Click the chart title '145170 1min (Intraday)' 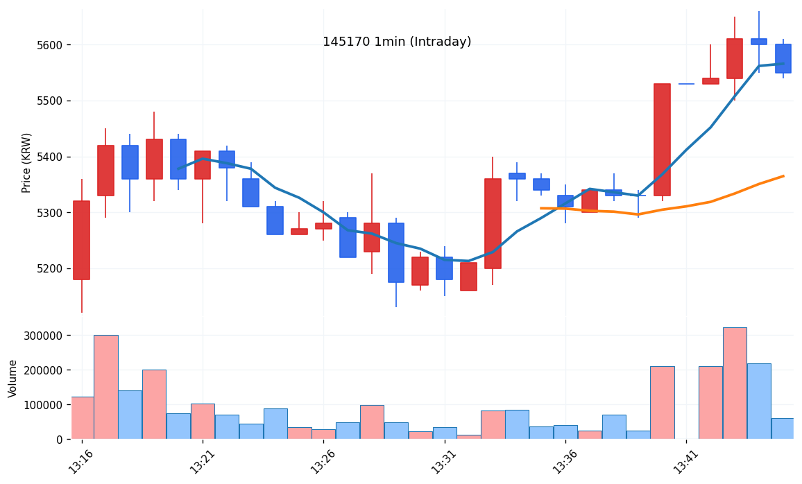click(397, 42)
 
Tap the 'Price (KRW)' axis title click(27, 162)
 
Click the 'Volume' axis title click(13, 378)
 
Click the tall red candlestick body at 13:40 click(662, 139)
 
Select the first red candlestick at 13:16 click(81, 240)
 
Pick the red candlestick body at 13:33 click(493, 223)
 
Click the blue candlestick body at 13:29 click(396, 252)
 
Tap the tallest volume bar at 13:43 click(735, 383)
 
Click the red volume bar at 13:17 click(105, 387)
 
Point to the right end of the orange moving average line click(783, 176)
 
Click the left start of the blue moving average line click(178, 168)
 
